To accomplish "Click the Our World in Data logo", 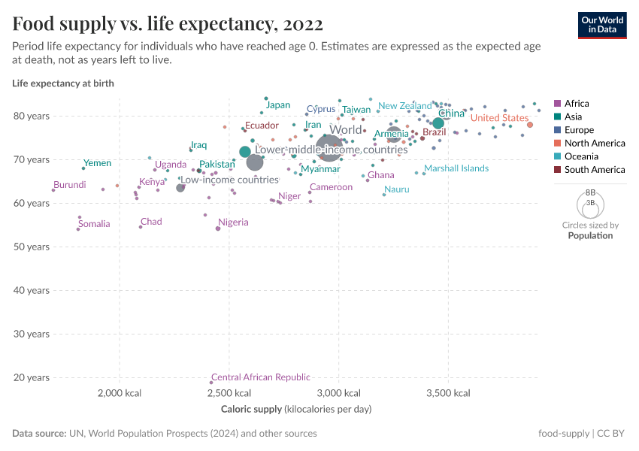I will [x=601, y=24].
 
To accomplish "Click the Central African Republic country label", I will [x=260, y=377].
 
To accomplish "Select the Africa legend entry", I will [x=577, y=104].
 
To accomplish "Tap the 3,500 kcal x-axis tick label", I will [x=448, y=393].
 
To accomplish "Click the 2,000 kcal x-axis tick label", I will [x=119, y=393].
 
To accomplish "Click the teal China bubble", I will [x=438, y=123].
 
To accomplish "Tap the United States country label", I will [x=499, y=118].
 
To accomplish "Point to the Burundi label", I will [x=69, y=185].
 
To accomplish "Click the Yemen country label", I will [x=97, y=163].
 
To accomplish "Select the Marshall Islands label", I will [x=456, y=168].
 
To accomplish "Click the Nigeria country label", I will [x=233, y=222].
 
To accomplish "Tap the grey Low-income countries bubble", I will [x=180, y=187].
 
